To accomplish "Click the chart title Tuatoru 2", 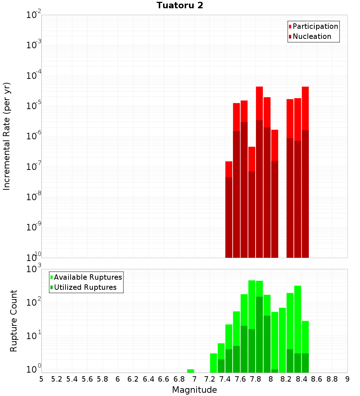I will point(180,5).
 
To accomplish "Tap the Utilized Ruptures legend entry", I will point(85,287).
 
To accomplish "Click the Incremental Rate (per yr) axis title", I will point(7,136).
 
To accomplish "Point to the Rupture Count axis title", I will point(14,320).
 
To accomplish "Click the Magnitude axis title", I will point(194,390).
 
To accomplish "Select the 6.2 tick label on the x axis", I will point(133,379).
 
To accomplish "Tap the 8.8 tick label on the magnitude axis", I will point(332,379).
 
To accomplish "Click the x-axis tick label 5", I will point(41,379).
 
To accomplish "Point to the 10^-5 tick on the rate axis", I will point(34,105).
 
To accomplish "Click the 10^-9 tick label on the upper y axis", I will point(34,227).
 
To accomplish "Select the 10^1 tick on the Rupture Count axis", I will point(34,336).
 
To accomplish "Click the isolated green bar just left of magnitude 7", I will point(190,371).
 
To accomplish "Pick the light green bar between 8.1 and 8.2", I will point(282,340).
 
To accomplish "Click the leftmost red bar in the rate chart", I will point(229,209).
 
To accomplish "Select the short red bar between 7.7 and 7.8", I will point(252,202).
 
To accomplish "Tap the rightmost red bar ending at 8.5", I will point(305,173).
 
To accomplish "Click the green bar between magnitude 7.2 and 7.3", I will point(213,363).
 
